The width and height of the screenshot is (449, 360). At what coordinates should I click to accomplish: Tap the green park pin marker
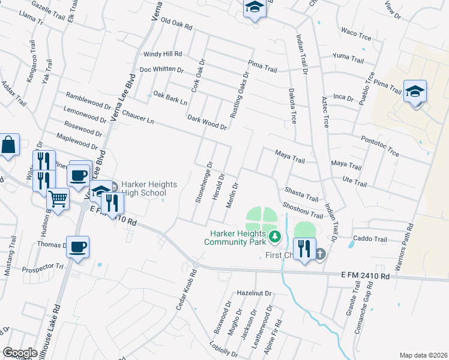(x=275, y=236)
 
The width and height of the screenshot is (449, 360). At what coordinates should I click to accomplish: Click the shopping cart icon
(x=58, y=198)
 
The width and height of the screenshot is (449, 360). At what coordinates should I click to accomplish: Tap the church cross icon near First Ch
(x=320, y=254)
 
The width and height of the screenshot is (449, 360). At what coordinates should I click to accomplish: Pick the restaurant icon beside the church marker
(x=304, y=248)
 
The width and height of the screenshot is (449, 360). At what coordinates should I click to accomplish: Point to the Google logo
(x=20, y=353)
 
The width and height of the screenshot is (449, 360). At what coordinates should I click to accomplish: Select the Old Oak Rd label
(x=172, y=27)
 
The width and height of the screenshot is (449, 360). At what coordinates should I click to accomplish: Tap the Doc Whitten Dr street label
(x=160, y=70)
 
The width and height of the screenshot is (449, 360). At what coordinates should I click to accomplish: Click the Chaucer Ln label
(x=137, y=116)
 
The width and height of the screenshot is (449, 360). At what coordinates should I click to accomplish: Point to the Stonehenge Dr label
(x=203, y=182)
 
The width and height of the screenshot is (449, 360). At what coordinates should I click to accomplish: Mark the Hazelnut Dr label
(x=254, y=293)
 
